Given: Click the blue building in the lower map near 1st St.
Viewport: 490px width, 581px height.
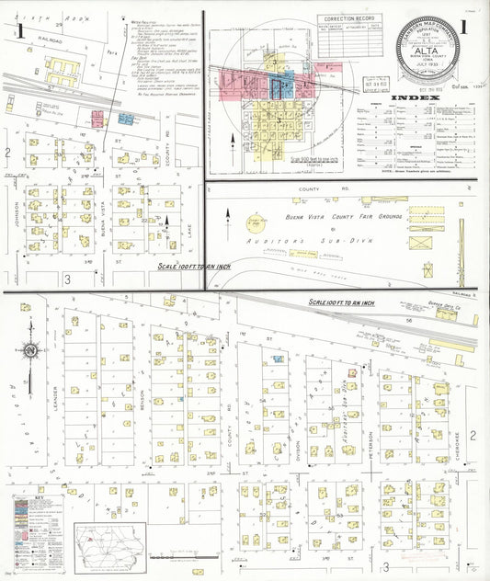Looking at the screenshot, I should pos(277,359).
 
